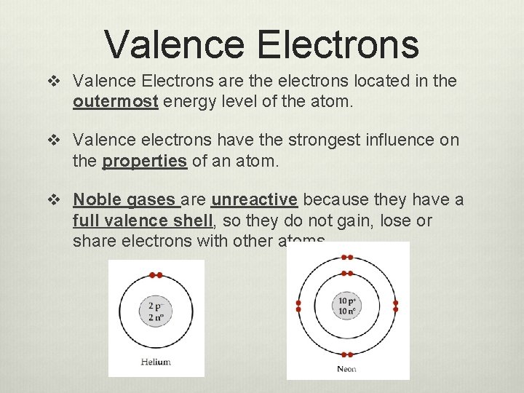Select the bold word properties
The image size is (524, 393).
pyautogui.click(x=145, y=162)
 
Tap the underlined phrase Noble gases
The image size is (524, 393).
pyautogui.click(x=124, y=199)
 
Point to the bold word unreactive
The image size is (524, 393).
pyautogui.click(x=254, y=199)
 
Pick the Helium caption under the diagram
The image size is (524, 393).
pyautogui.click(x=156, y=362)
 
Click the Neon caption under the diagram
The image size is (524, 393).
pyautogui.click(x=347, y=369)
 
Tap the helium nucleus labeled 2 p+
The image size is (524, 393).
pyautogui.click(x=156, y=311)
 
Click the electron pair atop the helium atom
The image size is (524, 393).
pyautogui.click(x=156, y=275)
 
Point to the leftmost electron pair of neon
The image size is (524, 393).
pyautogui.click(x=298, y=306)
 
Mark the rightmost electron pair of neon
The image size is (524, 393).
pyautogui.click(x=396, y=306)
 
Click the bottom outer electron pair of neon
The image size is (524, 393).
pyautogui.click(x=347, y=354)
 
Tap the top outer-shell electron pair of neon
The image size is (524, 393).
pyautogui.click(x=347, y=258)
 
